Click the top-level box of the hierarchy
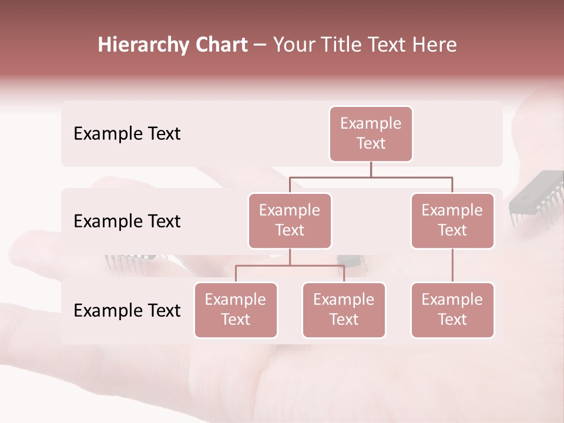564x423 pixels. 371,134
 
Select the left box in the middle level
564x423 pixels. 290,221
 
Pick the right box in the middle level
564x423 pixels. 452,221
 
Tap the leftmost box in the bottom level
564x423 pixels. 236,310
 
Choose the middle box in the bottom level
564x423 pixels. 344,310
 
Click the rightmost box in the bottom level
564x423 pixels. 452,310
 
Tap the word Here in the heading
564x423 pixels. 435,45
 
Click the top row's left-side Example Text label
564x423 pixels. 127,134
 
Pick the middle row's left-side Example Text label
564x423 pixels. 127,221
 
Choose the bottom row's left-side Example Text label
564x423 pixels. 127,311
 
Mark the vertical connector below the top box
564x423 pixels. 371,169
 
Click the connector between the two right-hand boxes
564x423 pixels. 452,266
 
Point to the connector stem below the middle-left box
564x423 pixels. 290,257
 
